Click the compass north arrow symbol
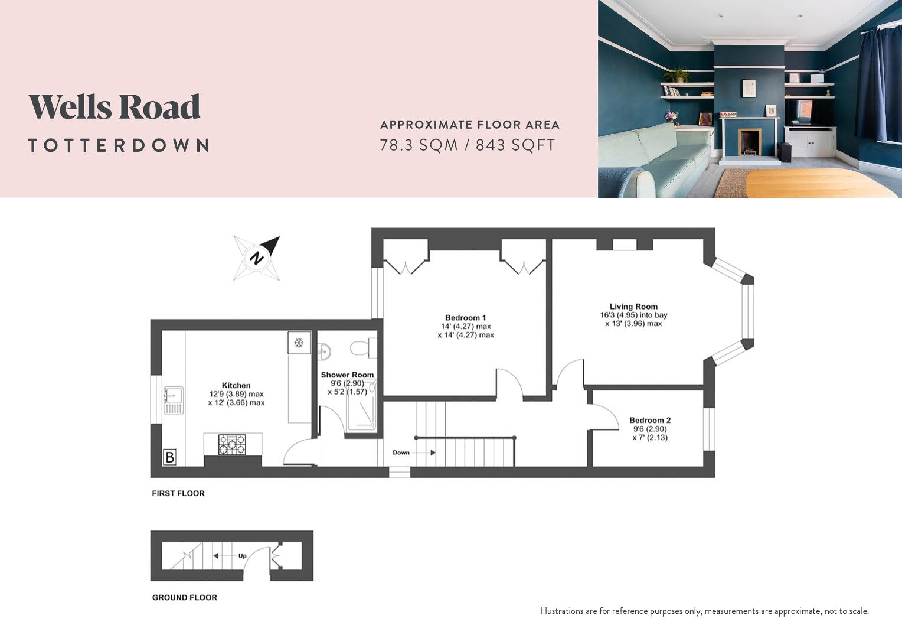257,258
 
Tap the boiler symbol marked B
170,457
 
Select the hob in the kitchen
233,444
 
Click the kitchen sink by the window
174,401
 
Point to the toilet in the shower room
360,348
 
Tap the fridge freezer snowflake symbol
299,343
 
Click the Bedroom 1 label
465,317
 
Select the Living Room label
633,307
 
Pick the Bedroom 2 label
649,421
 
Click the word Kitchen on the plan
236,385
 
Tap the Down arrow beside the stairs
433,453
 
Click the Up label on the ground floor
242,556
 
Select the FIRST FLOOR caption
178,493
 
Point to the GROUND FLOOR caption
185,597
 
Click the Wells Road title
115,107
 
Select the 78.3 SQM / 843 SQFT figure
468,145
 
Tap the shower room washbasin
324,351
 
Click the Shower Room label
347,375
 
